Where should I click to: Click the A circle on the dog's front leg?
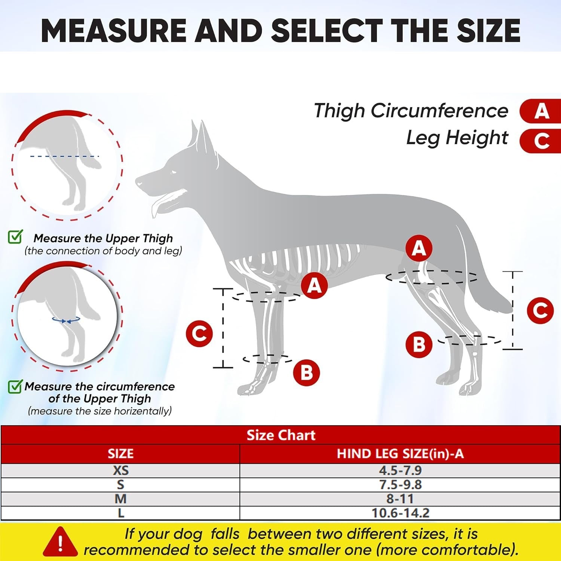tap(315, 285)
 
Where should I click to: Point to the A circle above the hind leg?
tap(419, 248)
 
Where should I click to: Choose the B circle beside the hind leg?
tap(419, 344)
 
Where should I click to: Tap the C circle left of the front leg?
tap(199, 333)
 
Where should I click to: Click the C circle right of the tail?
tap(540, 310)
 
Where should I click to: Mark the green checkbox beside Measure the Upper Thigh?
tap(15, 237)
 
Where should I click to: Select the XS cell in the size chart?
tap(120, 470)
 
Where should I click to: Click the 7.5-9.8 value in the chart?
tap(400, 485)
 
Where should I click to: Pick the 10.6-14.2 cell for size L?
tap(400, 513)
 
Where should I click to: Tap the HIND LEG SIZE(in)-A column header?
tap(400, 454)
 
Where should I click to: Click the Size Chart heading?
tap(281, 435)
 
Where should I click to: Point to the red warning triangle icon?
tap(60, 542)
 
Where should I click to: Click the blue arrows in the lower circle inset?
tap(66, 320)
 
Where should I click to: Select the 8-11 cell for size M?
tap(400, 499)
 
